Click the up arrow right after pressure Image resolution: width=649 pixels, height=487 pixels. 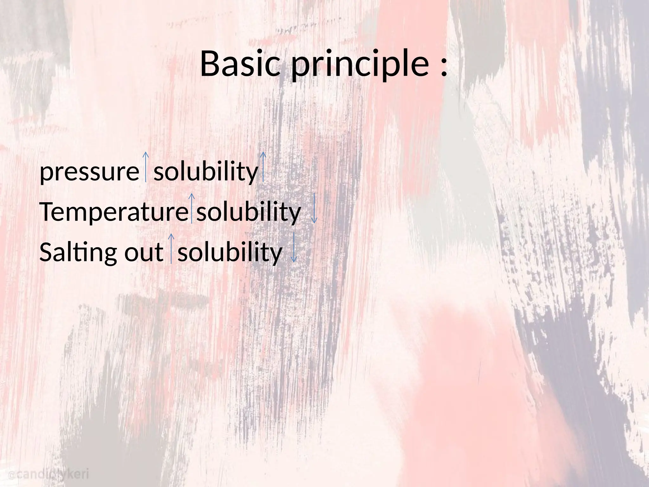[x=145, y=166]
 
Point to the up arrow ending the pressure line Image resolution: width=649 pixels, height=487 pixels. [x=263, y=166]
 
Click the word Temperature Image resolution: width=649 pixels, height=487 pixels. [x=114, y=212]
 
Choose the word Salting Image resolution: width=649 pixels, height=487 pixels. [x=78, y=252]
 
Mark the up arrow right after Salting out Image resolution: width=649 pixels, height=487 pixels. [x=171, y=248]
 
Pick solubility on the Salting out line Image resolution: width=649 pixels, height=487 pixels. [x=230, y=252]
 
